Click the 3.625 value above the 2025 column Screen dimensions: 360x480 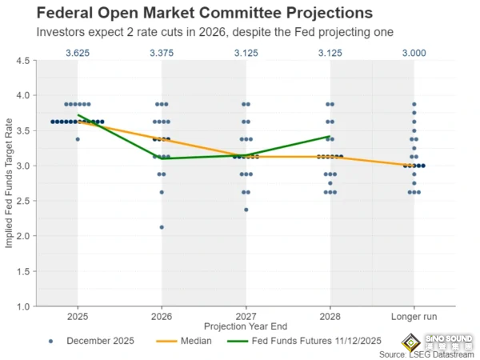click(x=78, y=54)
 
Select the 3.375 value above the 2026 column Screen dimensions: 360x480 click(x=162, y=54)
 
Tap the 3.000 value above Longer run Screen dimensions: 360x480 click(x=414, y=54)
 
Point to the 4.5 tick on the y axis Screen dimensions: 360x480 click(x=23, y=61)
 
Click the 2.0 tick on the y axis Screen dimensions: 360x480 click(x=23, y=236)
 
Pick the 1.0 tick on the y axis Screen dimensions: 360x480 click(x=23, y=306)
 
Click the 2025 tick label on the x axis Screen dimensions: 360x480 click(x=78, y=315)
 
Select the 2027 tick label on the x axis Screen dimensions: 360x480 click(x=246, y=315)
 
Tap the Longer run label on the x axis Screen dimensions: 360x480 click(x=414, y=315)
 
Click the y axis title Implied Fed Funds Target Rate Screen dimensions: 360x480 click(x=9, y=183)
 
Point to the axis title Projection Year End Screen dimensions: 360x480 click(x=246, y=326)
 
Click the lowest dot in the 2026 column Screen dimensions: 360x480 click(x=162, y=227)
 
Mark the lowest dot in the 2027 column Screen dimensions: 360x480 click(x=246, y=210)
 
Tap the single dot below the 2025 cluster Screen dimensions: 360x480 click(x=78, y=139)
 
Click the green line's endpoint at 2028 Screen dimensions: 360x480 click(x=330, y=136)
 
